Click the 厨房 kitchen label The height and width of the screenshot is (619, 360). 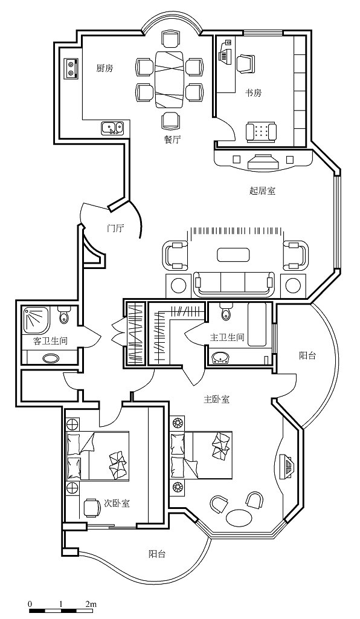click(x=105, y=68)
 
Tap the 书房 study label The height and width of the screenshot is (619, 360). click(x=254, y=92)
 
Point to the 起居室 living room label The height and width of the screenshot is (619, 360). click(x=263, y=190)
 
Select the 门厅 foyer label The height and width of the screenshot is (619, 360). click(x=115, y=228)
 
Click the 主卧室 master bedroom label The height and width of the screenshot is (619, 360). click(x=216, y=399)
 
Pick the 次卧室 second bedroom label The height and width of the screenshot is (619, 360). click(x=117, y=504)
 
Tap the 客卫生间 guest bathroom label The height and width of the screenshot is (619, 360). click(x=50, y=341)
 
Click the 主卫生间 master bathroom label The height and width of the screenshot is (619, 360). click(x=227, y=337)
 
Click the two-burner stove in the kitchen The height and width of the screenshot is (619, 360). click(x=71, y=68)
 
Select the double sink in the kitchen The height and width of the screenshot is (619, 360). click(x=112, y=128)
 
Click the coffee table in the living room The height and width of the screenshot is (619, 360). click(x=233, y=254)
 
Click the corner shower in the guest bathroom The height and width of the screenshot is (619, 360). click(x=36, y=320)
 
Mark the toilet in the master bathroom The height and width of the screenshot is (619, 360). click(x=225, y=311)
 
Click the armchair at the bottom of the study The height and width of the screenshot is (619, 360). click(x=261, y=131)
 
